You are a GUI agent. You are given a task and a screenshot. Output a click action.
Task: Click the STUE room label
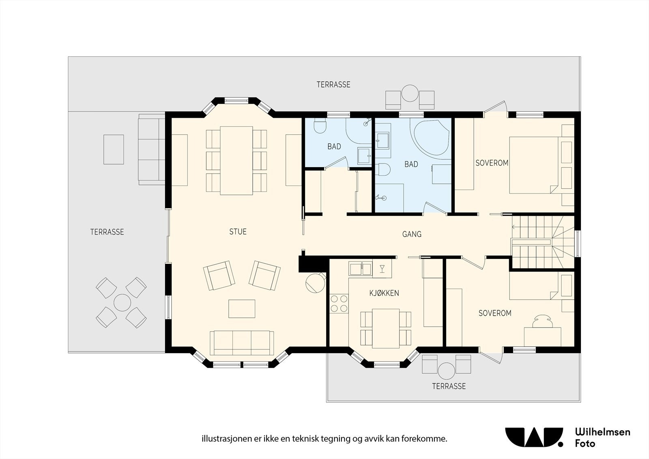point(238,231)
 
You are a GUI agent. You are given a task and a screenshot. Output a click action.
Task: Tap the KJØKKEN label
point(384,293)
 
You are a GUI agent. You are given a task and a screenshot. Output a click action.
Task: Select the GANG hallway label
point(412,234)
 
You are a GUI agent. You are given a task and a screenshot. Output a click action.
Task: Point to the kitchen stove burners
point(339,303)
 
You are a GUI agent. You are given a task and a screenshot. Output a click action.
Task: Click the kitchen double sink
point(361,269)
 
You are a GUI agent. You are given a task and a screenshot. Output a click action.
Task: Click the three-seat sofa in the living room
point(242,343)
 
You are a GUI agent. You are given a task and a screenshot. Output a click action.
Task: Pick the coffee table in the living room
point(242,309)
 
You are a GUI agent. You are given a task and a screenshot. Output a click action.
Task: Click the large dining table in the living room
point(236,160)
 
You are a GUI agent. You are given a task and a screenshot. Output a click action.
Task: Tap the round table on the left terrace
point(122,303)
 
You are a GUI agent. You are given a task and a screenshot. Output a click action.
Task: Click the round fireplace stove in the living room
point(315,283)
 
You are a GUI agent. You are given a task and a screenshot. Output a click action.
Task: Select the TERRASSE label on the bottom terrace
point(449,386)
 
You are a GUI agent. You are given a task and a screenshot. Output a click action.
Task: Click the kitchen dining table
point(386,328)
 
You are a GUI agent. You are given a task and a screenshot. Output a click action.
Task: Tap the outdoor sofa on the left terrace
point(152,149)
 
